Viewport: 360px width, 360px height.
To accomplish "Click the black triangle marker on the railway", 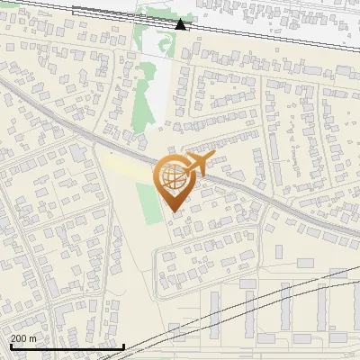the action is (x=180, y=24).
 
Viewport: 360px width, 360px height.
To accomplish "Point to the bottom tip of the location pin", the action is (x=172, y=211).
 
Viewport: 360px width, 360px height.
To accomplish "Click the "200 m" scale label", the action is (x=23, y=338).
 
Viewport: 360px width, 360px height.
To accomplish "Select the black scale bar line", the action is (x=67, y=346).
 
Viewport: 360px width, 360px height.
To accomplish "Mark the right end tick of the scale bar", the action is (x=123, y=345).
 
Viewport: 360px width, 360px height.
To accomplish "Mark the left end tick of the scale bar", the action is (x=11, y=345).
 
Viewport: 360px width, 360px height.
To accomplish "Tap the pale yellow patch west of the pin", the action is (x=126, y=167).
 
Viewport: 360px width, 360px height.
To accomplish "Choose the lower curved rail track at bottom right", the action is (x=270, y=310).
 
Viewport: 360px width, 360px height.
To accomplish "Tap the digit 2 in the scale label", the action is (x=13, y=338).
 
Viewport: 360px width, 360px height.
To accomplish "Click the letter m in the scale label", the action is (x=32, y=338).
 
